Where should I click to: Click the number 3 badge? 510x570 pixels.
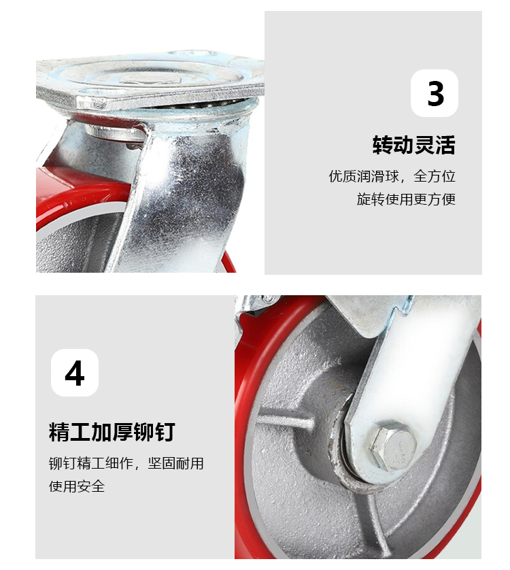tap(434, 93)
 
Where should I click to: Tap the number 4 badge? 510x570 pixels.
tap(75, 373)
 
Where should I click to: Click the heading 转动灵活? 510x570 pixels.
tap(413, 145)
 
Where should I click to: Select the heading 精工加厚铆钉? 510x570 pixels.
tap(112, 432)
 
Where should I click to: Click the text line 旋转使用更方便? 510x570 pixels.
tap(406, 199)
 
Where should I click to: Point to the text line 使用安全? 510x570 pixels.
tap(77, 486)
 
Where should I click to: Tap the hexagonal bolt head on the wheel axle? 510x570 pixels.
tap(393, 447)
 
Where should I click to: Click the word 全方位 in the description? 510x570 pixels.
tap(435, 176)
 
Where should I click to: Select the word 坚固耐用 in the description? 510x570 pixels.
tap(175, 463)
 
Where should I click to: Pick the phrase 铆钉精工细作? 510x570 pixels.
tap(91, 463)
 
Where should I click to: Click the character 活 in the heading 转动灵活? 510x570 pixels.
tap(445, 145)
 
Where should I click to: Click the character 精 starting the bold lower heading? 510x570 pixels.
tap(59, 432)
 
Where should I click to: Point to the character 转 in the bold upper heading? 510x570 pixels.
tap(382, 145)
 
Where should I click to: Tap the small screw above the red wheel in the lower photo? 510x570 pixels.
tap(269, 299)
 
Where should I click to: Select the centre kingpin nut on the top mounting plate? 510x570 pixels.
tap(152, 80)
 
